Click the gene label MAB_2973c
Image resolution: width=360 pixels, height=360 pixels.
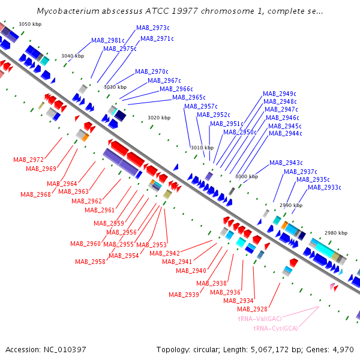(x=153, y=28)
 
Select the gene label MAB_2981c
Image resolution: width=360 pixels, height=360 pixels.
(x=108, y=40)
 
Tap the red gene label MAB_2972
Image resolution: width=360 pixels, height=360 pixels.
(x=28, y=160)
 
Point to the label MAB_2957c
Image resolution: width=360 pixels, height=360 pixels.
(x=201, y=106)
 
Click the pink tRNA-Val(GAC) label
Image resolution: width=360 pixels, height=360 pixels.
(x=260, y=319)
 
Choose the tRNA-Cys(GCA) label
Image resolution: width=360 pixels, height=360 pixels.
(x=276, y=328)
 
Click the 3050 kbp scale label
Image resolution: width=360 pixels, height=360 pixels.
(x=30, y=24)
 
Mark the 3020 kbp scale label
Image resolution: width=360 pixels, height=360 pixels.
(x=159, y=118)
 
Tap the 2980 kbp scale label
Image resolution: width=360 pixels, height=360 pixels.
(x=336, y=233)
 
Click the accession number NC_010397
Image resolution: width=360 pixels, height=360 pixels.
(x=65, y=350)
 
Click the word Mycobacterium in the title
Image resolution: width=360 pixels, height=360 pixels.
(x=68, y=11)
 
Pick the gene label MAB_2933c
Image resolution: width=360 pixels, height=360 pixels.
(x=325, y=187)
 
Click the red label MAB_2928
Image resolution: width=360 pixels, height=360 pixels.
(x=253, y=309)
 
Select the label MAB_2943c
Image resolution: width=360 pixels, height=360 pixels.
(x=286, y=163)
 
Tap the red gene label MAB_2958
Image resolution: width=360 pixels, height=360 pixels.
(x=90, y=262)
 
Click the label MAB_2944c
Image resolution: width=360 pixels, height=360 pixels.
(x=286, y=133)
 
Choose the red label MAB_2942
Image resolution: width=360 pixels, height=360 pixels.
(x=164, y=253)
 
